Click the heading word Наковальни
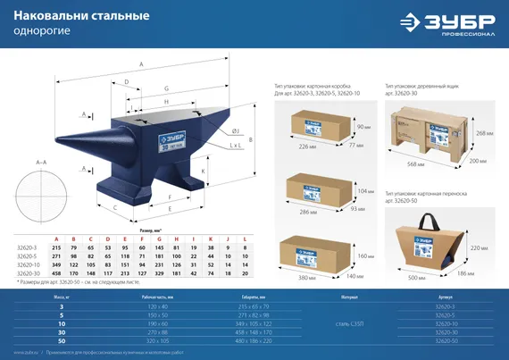(49, 15)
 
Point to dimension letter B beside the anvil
(253, 140)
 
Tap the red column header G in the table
(155, 239)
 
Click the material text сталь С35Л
(344, 322)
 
